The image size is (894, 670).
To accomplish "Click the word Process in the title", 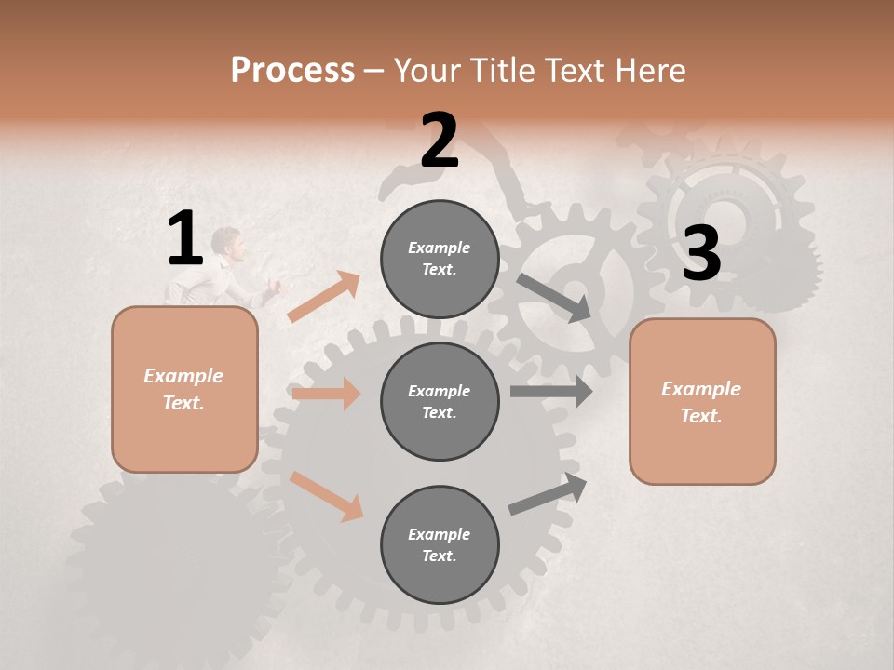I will point(292,71).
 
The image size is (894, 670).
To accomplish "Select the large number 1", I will point(185,239).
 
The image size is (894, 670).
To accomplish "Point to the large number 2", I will point(440,141).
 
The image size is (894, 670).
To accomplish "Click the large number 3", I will point(701,253).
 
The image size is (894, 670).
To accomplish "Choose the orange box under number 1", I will point(184,389).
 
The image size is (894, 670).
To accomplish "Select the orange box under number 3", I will point(702,402).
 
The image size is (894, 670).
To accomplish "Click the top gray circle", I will point(440,259).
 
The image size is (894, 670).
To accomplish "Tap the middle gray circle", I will point(440,401).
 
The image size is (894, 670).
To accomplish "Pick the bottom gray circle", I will point(440,544).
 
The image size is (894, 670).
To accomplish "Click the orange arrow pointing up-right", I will point(324,297).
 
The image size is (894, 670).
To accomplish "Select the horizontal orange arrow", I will point(326,394).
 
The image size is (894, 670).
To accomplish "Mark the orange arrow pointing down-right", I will point(327,496).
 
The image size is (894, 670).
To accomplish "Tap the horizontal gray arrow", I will point(550,391).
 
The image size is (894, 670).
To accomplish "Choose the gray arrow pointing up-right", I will point(548,494).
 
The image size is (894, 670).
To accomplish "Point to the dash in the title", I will point(374,71).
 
